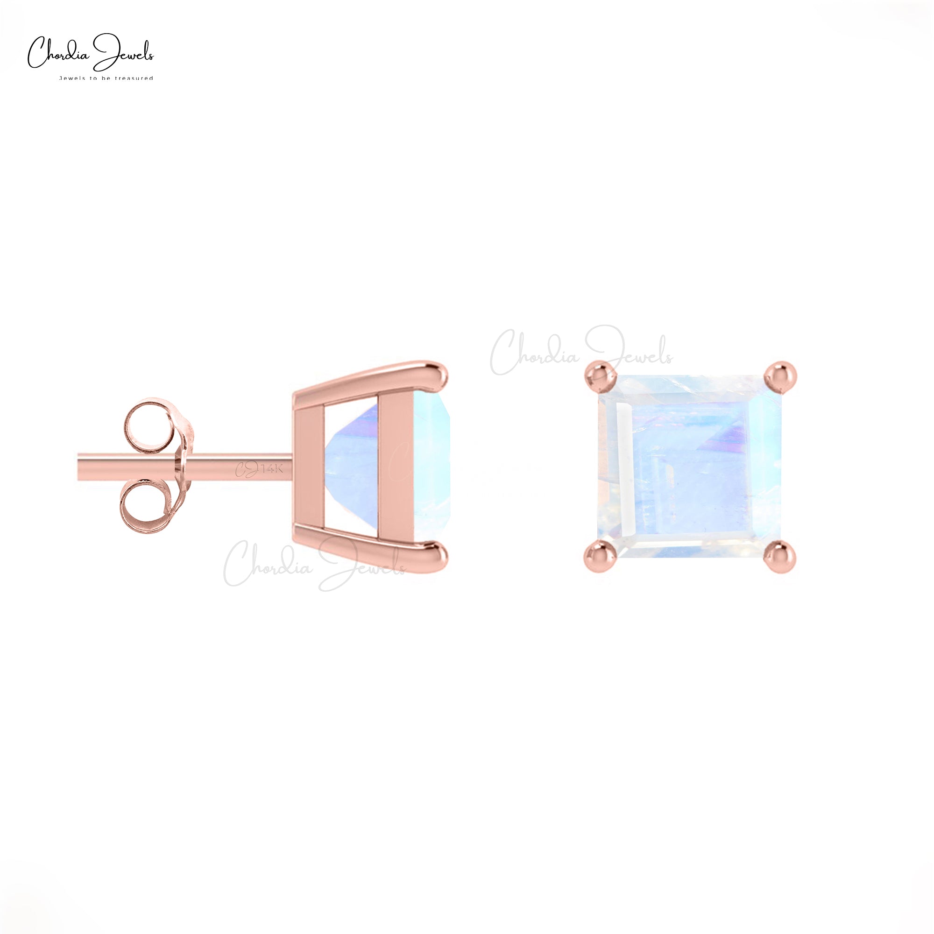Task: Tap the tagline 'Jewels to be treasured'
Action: [106, 78]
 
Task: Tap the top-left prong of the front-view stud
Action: [600, 376]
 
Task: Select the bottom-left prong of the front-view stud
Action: [600, 557]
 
